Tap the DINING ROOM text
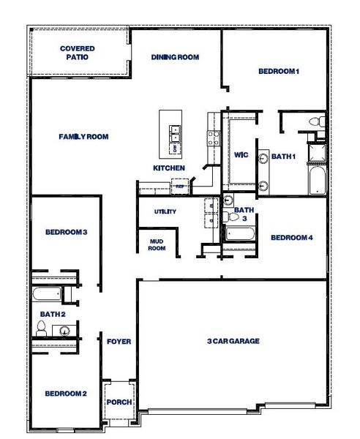[x=175, y=57]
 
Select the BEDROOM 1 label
[x=279, y=71]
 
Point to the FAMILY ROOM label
[x=83, y=136]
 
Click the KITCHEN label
[x=168, y=168]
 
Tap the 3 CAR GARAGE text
[x=233, y=341]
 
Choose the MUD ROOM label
[x=157, y=244]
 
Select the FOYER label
[x=119, y=342]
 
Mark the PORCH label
[x=119, y=402]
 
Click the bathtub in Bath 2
[x=47, y=296]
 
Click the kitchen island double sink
[x=176, y=135]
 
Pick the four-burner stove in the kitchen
[x=214, y=134]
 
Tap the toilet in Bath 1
[x=315, y=121]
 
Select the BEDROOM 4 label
[x=291, y=238]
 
